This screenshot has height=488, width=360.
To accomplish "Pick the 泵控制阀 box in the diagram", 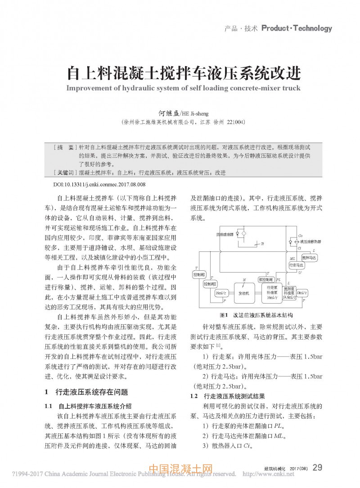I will pyautogui.click(x=265, y=279).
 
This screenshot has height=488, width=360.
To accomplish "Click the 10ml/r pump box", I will pyautogui.click(x=301, y=293).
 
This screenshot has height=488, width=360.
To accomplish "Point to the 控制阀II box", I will pyautogui.click(x=210, y=284).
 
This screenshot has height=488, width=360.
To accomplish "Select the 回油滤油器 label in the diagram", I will pyautogui.click(x=224, y=234).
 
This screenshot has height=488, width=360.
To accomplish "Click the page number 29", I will pyautogui.click(x=317, y=468).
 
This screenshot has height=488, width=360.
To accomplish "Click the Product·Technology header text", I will pyautogui.click(x=296, y=28).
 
